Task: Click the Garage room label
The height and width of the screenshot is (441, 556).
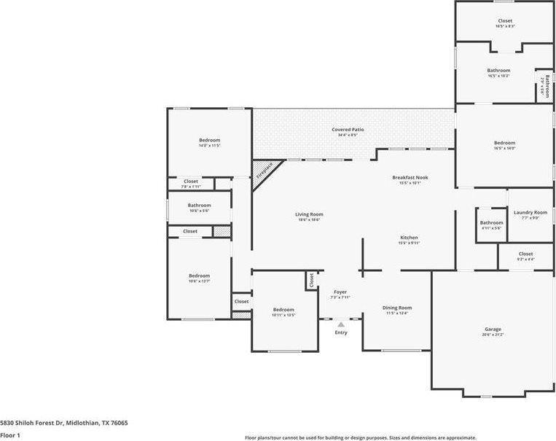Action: (493, 329)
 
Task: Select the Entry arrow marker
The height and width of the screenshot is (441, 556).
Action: (341, 324)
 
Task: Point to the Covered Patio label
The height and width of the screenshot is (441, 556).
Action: (348, 130)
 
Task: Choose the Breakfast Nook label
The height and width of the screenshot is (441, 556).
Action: (410, 178)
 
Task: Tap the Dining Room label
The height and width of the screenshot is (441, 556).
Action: (397, 308)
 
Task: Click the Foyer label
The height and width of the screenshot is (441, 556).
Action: (341, 292)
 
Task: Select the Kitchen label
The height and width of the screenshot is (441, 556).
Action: (409, 238)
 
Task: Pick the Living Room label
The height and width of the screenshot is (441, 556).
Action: (309, 214)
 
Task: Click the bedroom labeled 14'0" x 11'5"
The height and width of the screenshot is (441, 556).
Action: (209, 140)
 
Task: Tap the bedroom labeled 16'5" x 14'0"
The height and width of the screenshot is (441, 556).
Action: (504, 143)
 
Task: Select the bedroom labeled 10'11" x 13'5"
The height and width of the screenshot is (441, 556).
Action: (283, 310)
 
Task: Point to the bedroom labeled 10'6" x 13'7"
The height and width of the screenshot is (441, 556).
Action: (199, 276)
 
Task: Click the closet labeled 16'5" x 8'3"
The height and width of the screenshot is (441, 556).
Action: (504, 21)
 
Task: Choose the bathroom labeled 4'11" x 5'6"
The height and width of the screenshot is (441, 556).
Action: (491, 223)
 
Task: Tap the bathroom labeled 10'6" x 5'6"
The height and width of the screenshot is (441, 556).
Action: (199, 206)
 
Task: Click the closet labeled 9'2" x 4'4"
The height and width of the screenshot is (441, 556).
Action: (525, 254)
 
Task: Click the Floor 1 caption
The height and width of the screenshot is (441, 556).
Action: (10, 435)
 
